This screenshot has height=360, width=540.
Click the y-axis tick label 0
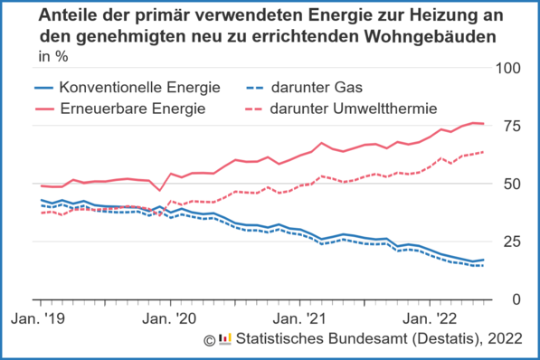coord(517,299)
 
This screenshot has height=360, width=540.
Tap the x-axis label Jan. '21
coord(299,319)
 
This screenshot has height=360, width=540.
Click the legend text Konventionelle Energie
coord(139,88)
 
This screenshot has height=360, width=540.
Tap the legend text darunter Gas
coord(323,88)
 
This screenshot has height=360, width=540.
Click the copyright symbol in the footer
coord(210,340)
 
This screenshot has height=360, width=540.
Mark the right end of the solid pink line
coord(483,124)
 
